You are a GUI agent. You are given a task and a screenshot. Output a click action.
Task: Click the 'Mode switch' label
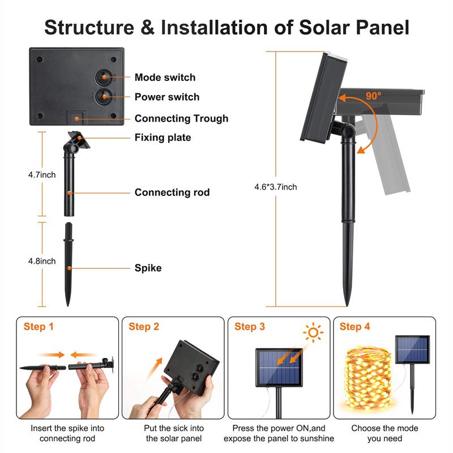click(x=165, y=78)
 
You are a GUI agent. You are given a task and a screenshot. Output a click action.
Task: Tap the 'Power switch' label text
click(x=167, y=97)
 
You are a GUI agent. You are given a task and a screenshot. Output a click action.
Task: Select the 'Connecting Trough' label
click(x=181, y=118)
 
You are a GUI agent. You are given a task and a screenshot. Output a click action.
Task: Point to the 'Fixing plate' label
click(x=163, y=138)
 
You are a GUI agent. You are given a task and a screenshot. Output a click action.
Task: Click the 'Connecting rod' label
click(x=172, y=193)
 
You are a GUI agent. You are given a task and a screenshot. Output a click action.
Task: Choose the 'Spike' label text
click(x=148, y=268)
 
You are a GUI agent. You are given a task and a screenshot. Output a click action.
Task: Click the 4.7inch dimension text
click(x=42, y=175)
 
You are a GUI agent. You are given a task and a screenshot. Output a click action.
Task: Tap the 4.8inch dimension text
click(x=42, y=261)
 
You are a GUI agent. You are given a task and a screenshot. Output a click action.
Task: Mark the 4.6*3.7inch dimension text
click(x=276, y=187)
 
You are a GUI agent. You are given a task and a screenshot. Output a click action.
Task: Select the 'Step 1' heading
click(x=39, y=327)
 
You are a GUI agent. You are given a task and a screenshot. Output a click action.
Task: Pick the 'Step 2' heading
click(x=144, y=327)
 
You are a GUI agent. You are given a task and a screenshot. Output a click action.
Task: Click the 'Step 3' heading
click(x=250, y=327)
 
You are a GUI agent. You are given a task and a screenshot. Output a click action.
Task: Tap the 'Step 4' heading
click(x=354, y=327)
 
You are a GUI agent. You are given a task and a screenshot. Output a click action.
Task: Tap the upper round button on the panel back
click(x=104, y=78)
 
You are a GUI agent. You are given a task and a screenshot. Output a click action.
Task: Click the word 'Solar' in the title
click(x=299, y=27)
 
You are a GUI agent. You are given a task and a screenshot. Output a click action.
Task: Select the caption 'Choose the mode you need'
click(x=384, y=433)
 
